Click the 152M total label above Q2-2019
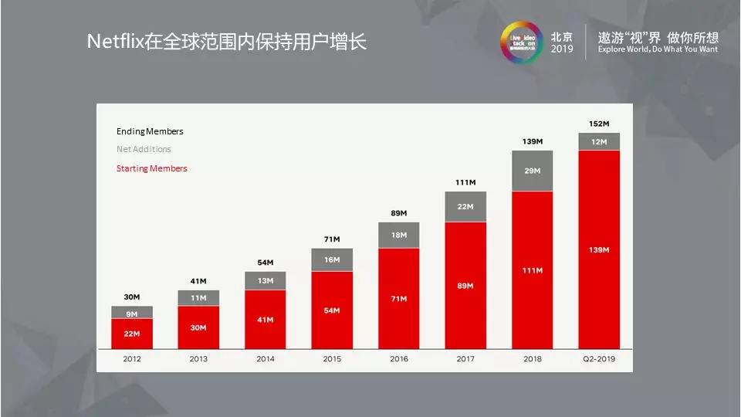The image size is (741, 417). tap(599, 124)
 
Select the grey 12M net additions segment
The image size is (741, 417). tap(599, 141)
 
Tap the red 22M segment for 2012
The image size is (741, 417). tap(132, 333)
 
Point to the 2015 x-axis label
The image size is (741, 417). tap(332, 359)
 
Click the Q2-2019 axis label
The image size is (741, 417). tap(599, 359)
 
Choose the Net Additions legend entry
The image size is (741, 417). tap(144, 149)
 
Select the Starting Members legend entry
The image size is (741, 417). tap(151, 168)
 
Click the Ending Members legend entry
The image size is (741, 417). tap(150, 131)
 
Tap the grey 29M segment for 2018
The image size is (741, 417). tap(532, 171)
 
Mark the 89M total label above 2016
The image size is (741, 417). tap(398, 213)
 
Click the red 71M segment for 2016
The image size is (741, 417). tap(398, 297)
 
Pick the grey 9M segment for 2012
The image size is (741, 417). tap(132, 313)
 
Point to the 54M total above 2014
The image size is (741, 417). tap(265, 263)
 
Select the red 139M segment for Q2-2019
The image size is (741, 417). tap(599, 249)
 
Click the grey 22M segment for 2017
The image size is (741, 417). tap(465, 206)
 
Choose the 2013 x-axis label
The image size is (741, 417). tap(198, 359)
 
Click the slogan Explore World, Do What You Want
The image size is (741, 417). tap(657, 49)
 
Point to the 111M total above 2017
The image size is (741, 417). tap(465, 182)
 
